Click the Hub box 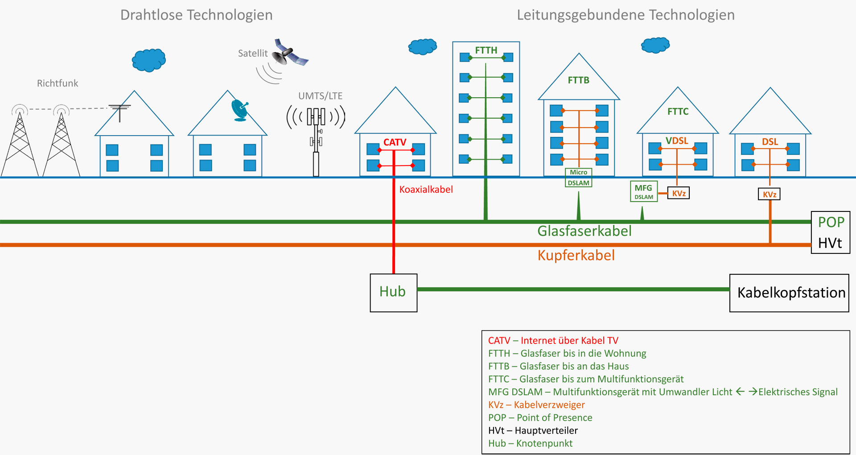point(393,293)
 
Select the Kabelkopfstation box point(789,293)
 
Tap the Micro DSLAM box point(578,178)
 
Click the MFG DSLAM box point(643,192)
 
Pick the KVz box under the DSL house point(769,194)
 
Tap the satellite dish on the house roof point(240,110)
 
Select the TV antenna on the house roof point(119,111)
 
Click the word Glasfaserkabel point(584,231)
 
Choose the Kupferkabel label point(576,256)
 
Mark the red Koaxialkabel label point(426,190)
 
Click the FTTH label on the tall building point(486,50)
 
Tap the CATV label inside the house point(395,142)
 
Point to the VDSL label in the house point(677,141)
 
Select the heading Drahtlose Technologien point(196,15)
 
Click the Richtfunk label point(58,83)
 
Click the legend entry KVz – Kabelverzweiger point(536,405)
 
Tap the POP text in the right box point(831,222)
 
